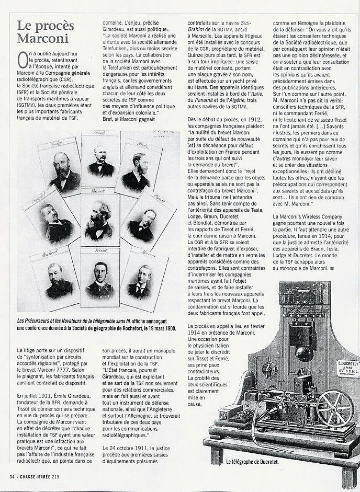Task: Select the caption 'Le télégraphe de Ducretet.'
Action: click(253, 462)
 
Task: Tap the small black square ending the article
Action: click(331, 268)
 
